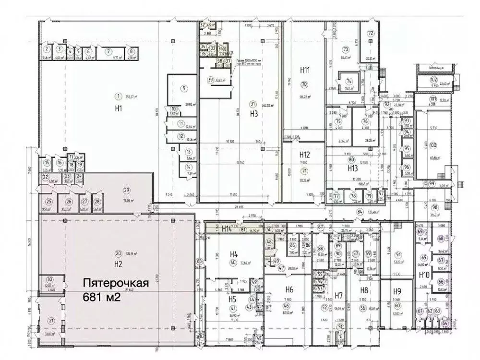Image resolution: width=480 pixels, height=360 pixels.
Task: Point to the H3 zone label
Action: (254, 114)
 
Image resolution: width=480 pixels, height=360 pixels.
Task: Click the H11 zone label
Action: (304, 71)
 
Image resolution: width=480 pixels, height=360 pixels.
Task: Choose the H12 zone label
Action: (304, 155)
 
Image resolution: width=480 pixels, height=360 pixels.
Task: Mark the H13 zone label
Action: (352, 168)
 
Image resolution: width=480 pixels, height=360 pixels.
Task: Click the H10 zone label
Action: (423, 275)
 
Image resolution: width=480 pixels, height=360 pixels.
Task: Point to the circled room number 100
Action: (433, 145)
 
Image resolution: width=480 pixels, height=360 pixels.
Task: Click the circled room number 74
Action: (349, 81)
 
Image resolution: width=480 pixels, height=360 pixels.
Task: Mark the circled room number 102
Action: (433, 79)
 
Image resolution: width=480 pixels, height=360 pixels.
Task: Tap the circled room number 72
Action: (371, 33)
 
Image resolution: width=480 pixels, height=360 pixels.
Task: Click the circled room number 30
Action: (49, 280)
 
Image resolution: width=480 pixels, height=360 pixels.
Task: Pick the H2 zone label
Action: (117, 264)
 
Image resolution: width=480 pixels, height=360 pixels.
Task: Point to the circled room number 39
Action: (210, 80)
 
